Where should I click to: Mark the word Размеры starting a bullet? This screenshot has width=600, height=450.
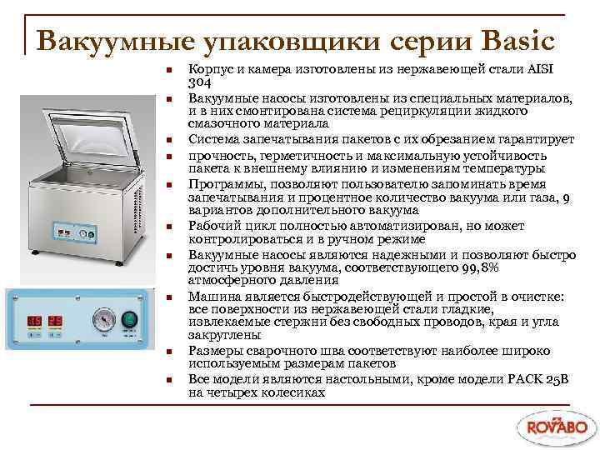216,352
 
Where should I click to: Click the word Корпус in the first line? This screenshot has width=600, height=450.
210,68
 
